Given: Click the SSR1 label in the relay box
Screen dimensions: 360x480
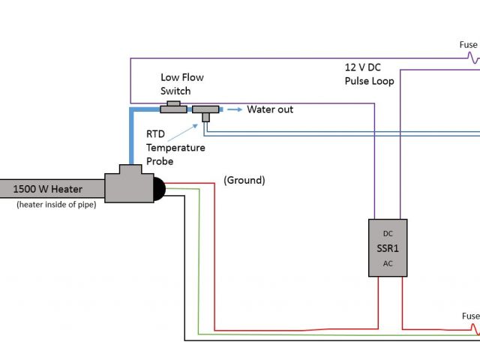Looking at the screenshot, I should click(388, 248).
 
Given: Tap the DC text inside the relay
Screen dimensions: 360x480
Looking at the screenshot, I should click(388, 234).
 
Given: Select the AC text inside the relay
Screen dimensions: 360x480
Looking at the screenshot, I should click(388, 263).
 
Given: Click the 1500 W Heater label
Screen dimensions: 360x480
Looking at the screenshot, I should click(47, 189).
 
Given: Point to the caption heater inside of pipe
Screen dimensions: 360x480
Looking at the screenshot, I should click(55, 205).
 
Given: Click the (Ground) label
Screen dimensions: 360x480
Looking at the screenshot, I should click(244, 181).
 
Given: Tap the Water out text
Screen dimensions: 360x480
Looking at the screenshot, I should click(270, 109).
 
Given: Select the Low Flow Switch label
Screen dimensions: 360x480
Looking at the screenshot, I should click(181, 84).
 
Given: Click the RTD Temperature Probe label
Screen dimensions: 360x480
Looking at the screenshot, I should click(175, 148).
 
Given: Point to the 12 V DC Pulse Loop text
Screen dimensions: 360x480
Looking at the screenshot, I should click(368, 74).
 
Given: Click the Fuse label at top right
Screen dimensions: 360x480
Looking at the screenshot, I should click(468, 44).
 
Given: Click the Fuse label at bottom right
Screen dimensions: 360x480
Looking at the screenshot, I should click(470, 316).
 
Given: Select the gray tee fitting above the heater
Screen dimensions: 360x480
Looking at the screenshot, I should click(128, 184).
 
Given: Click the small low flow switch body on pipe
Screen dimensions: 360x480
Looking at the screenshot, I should click(174, 107).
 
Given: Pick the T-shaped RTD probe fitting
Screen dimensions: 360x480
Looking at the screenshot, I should click(205, 112).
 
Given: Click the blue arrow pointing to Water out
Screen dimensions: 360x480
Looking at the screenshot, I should click(234, 109).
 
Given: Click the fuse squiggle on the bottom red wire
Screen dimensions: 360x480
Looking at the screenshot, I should click(474, 328).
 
